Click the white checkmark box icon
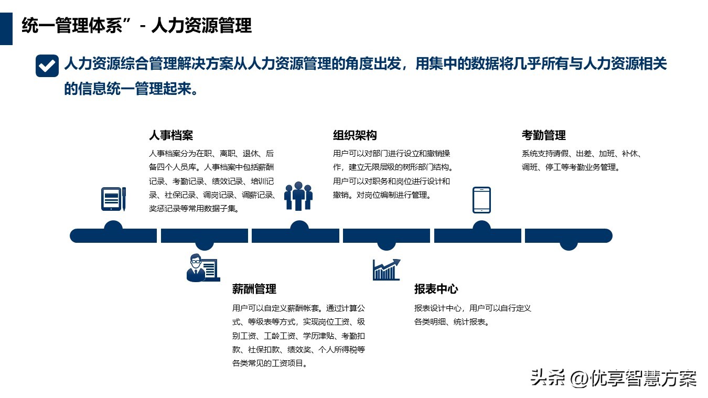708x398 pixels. click(x=47, y=66)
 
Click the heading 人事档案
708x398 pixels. click(x=171, y=135)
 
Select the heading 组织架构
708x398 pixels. click(x=355, y=135)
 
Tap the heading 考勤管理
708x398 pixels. click(x=544, y=135)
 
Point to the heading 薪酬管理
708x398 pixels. click(x=254, y=289)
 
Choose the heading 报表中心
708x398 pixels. click(x=436, y=289)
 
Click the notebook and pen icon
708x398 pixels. click(x=113, y=199)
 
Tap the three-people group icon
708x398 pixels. click(x=298, y=196)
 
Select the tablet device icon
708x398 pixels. click(x=481, y=200)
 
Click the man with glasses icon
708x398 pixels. click(x=203, y=267)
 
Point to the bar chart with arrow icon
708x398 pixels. click(x=387, y=270)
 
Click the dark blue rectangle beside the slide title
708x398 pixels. click(x=6, y=29)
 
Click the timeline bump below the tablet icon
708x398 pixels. click(x=481, y=225)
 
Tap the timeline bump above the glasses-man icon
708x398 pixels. click(x=205, y=246)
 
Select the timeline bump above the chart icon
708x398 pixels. click(x=386, y=246)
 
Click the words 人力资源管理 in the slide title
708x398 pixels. click(x=202, y=26)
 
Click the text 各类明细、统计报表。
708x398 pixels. click(x=452, y=322)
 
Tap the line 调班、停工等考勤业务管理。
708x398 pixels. click(x=571, y=167)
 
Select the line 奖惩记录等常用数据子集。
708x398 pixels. click(x=195, y=208)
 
